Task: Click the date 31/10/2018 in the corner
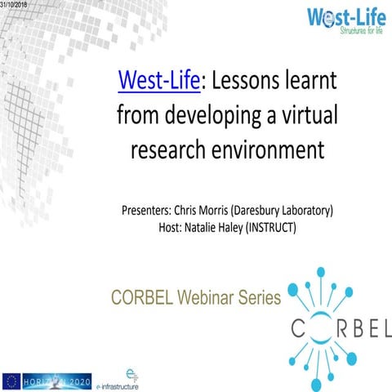[14, 4]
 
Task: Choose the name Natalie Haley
[215, 228]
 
